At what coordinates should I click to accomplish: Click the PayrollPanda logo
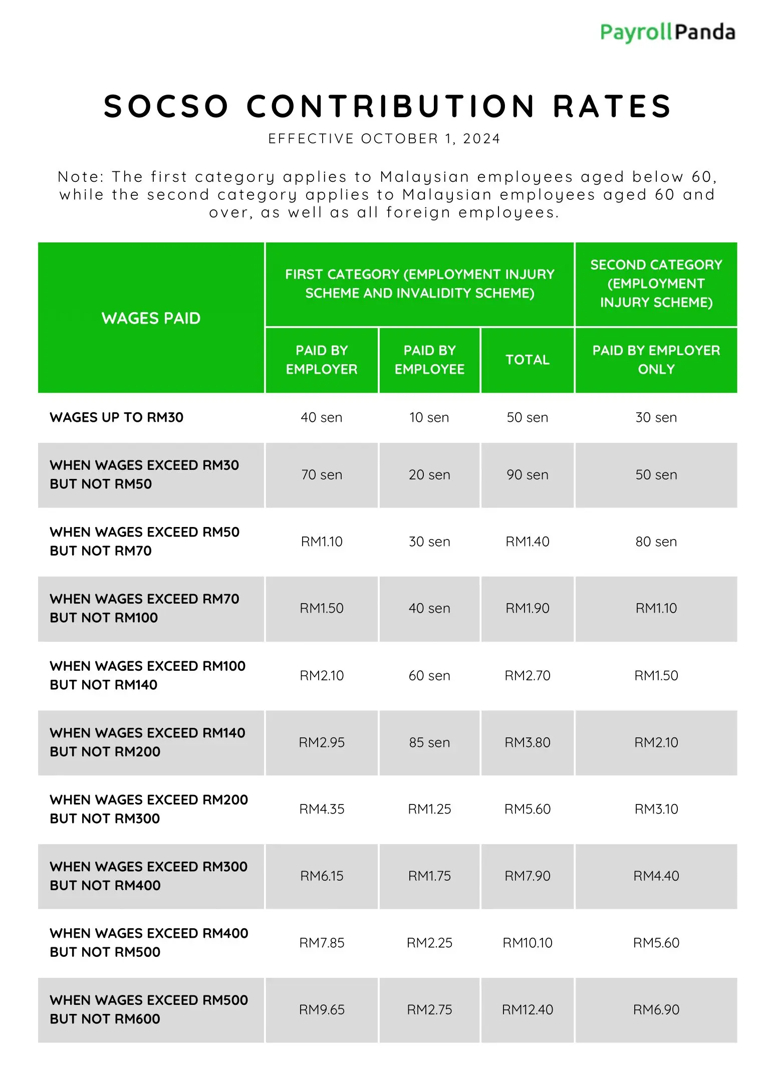click(667, 33)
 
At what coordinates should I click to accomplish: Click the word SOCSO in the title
click(166, 106)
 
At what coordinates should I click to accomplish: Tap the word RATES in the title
click(612, 106)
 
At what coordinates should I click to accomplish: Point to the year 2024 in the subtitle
click(481, 139)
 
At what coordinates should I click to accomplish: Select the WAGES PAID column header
click(151, 318)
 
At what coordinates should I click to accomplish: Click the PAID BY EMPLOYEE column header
click(429, 360)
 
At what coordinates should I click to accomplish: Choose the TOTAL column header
click(527, 360)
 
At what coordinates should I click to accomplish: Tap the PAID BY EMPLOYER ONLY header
click(656, 360)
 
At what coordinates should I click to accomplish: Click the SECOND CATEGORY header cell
click(656, 284)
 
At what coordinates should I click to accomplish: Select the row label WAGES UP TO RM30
click(117, 417)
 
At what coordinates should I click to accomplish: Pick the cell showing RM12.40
click(527, 1009)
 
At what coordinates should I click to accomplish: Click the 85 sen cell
click(429, 742)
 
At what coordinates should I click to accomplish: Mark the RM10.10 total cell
click(527, 943)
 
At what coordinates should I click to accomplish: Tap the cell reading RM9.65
click(322, 1009)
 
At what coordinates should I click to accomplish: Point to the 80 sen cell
click(656, 542)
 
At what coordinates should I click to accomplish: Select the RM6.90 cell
click(656, 1009)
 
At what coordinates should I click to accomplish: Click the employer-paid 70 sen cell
click(322, 474)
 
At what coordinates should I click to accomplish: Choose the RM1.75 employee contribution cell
click(429, 876)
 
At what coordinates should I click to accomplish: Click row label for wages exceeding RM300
click(148, 876)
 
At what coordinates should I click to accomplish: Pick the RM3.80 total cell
click(527, 742)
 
